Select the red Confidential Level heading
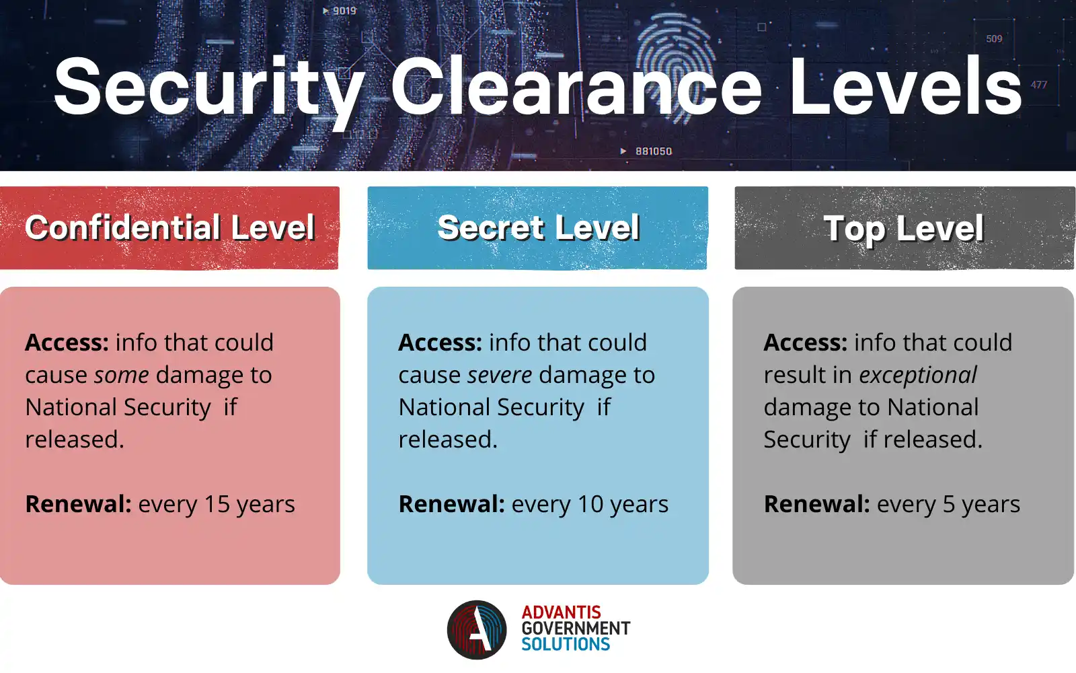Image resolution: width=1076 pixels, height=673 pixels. click(169, 227)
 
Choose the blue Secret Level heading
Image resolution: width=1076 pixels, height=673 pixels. click(538, 227)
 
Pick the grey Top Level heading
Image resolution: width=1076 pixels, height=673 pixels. click(903, 228)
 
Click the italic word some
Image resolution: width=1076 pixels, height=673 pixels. click(121, 375)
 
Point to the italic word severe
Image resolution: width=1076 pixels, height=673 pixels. click(498, 375)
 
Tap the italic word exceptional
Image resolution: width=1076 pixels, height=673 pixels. click(917, 375)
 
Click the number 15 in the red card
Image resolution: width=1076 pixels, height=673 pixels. click(217, 504)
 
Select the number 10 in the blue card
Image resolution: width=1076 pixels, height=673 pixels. click(590, 504)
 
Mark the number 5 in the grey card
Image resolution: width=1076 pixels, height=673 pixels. click(949, 504)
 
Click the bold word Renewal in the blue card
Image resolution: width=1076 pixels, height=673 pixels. click(451, 504)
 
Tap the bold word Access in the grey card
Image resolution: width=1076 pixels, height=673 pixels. click(805, 343)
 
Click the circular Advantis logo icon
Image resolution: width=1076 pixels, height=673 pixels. click(477, 629)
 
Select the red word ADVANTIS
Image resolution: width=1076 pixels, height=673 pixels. click(561, 612)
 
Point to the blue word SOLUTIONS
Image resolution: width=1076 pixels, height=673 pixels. click(566, 645)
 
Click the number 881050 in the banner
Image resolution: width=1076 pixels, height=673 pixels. click(654, 151)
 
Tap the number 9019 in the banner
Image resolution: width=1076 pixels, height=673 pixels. click(344, 11)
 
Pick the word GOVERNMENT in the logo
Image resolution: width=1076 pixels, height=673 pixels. click(576, 629)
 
